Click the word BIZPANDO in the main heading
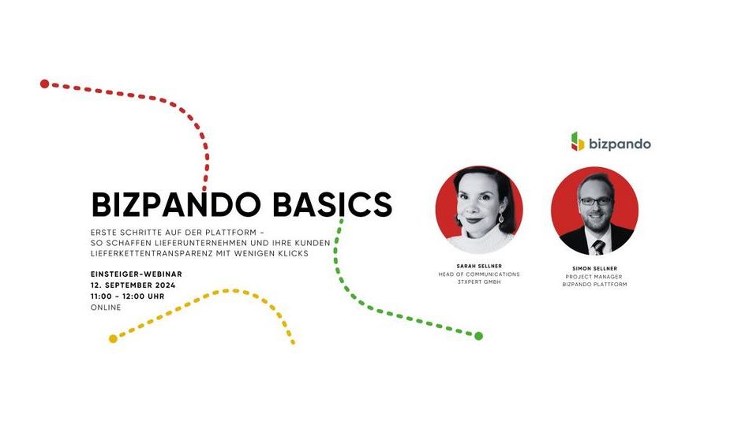click(176, 205)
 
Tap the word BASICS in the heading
click(332, 205)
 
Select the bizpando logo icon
click(578, 142)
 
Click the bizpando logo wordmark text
click(620, 144)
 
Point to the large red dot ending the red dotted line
click(44, 84)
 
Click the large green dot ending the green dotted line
click(478, 336)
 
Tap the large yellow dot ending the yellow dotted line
click(113, 339)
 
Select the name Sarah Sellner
click(479, 267)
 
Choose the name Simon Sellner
click(594, 269)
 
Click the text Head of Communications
click(479, 274)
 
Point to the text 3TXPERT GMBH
click(479, 282)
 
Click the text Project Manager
click(594, 277)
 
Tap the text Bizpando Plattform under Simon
click(594, 285)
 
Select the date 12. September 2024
click(133, 285)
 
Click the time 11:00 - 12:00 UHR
click(127, 297)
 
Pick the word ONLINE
click(106, 308)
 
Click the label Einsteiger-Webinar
click(137, 274)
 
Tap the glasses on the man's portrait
click(595, 201)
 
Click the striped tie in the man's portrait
click(599, 247)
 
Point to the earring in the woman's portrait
click(501, 218)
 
